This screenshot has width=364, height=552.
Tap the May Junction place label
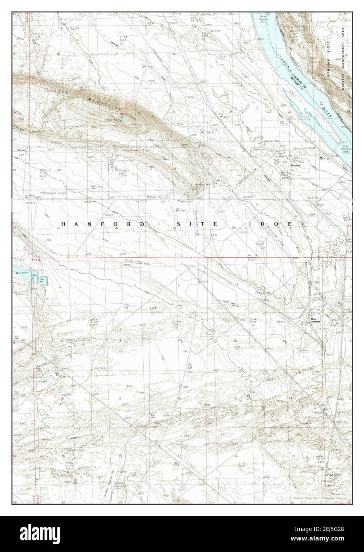316,320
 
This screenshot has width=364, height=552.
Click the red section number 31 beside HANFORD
59,228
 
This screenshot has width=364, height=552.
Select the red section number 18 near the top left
58,53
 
